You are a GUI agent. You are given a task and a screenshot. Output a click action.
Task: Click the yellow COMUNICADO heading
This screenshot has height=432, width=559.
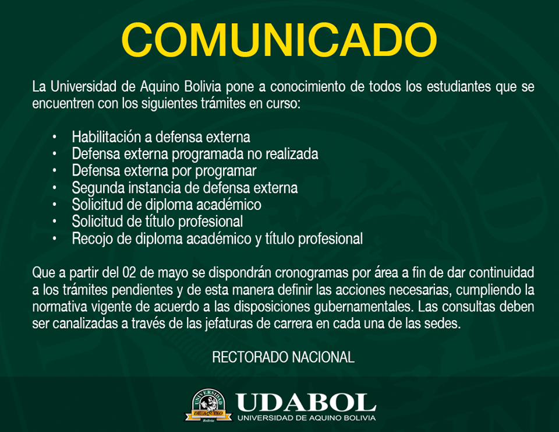coord(279,40)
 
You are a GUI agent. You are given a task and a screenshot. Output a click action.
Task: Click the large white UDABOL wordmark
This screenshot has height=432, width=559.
coord(306,403)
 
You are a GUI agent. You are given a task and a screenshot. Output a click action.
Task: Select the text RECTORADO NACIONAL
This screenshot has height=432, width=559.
coord(284,357)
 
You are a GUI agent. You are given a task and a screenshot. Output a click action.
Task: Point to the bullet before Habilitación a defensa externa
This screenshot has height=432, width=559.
coord(54,137)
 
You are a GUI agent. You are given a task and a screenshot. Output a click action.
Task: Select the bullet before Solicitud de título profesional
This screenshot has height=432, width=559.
coord(54,222)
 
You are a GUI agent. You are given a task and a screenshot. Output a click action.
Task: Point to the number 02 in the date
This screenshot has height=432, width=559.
coord(129,273)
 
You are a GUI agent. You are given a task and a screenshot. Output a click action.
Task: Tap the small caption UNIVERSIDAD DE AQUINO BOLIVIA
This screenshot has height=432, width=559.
coord(307,418)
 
